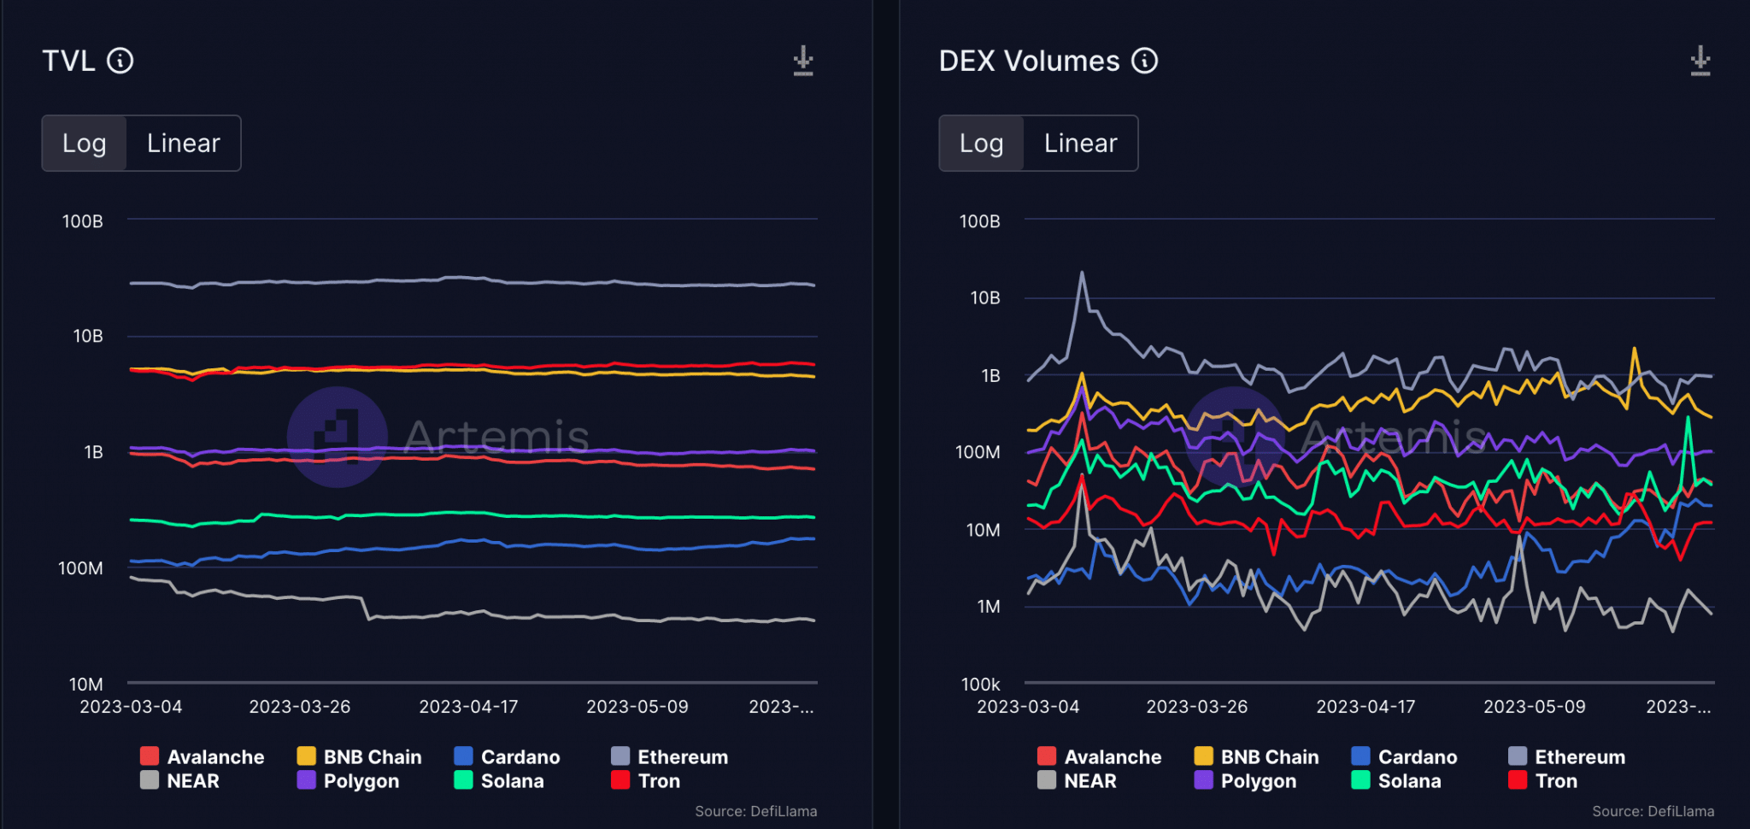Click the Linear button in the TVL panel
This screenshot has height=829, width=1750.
(183, 144)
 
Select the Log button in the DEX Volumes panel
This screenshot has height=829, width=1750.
(981, 144)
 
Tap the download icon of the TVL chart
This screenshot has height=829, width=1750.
(803, 62)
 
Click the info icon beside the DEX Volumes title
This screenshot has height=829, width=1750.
(1144, 61)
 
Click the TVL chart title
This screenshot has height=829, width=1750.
(68, 62)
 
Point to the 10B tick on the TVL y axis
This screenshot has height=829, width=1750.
(88, 336)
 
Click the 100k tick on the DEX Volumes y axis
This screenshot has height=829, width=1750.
(980, 684)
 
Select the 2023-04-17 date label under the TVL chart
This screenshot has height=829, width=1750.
(468, 707)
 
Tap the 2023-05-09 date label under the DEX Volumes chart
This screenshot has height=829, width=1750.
(1534, 707)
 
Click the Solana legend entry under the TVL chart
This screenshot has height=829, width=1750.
(511, 781)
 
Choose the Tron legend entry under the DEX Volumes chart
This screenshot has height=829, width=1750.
(1555, 781)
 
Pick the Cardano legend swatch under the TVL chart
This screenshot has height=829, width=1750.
(463, 756)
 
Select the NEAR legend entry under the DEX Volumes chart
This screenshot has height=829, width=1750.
(1089, 781)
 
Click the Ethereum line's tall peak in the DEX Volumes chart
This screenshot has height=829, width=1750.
(1082, 273)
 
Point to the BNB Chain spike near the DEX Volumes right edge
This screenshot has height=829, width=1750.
(1634, 349)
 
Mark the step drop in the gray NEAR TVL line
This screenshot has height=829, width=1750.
(367, 609)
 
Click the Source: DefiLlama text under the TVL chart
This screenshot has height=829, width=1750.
(755, 811)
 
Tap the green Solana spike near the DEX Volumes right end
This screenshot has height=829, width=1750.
(1688, 419)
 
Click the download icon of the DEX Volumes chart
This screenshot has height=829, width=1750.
(1700, 62)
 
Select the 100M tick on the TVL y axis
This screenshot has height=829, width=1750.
(80, 568)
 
